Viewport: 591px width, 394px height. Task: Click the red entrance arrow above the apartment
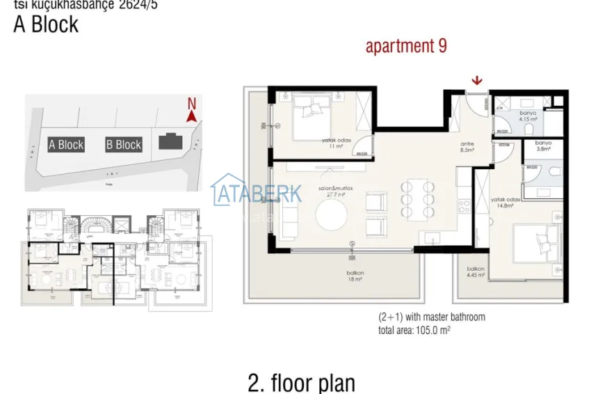pyautogui.click(x=476, y=82)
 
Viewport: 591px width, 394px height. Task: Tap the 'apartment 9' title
pyautogui.click(x=406, y=47)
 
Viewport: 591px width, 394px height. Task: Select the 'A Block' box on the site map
pyautogui.click(x=66, y=145)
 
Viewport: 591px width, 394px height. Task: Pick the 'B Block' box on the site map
pyautogui.click(x=124, y=145)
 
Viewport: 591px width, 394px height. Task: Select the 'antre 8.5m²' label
pyautogui.click(x=467, y=147)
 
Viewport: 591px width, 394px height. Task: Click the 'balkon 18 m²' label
pyautogui.click(x=355, y=275)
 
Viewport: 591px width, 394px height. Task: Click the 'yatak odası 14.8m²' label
pyautogui.click(x=502, y=202)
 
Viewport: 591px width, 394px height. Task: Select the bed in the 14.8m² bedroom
pyautogui.click(x=535, y=244)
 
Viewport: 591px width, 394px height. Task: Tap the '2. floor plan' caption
pyautogui.click(x=301, y=382)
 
